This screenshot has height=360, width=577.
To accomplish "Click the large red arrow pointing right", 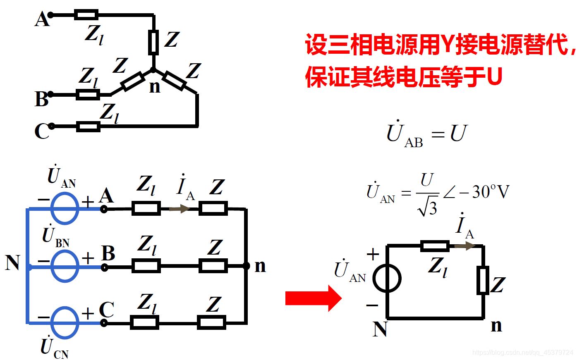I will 313,298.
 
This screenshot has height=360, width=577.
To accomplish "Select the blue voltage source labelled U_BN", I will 65,267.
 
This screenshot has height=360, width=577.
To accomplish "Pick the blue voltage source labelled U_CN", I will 65,322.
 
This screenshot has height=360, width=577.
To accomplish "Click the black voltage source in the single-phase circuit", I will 387,278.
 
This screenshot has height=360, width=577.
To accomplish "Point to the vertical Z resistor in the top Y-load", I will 153,42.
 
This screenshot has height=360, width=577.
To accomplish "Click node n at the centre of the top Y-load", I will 153,70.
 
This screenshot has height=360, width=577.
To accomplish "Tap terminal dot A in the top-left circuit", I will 50,15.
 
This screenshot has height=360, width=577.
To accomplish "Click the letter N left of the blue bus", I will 12,263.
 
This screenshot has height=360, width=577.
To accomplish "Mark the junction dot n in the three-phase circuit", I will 246,266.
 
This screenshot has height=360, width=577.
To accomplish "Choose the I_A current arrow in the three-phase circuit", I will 180,209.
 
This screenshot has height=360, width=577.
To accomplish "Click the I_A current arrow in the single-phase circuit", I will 464,246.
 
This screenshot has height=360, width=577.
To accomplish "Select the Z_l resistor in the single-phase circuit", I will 435,246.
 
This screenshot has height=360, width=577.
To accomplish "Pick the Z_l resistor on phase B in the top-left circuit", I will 88,95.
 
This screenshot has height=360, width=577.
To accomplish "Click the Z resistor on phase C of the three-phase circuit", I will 211,322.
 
